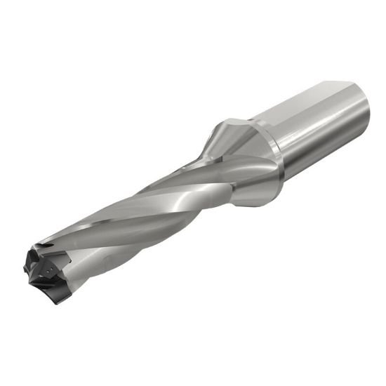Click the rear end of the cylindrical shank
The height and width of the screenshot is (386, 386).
[x=361, y=112]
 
